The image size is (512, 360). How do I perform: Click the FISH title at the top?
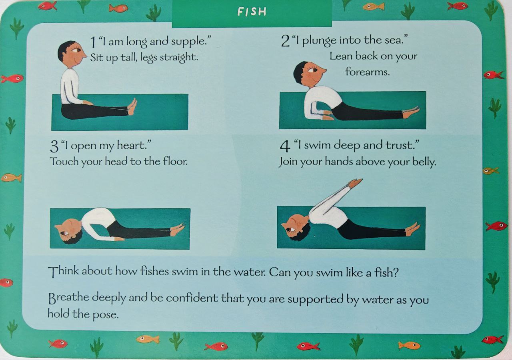click(252, 12)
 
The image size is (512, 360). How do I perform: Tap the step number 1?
click(92, 42)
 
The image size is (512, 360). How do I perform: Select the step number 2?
click(285, 41)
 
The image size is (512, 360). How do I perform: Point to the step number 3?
click(54, 146)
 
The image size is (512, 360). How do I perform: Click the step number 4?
click(285, 146)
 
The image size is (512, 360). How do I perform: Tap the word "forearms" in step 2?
click(367, 72)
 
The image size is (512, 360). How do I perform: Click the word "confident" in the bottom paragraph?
click(192, 298)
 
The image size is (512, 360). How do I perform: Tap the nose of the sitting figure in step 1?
click(84, 56)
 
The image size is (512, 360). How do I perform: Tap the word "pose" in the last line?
click(105, 315)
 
